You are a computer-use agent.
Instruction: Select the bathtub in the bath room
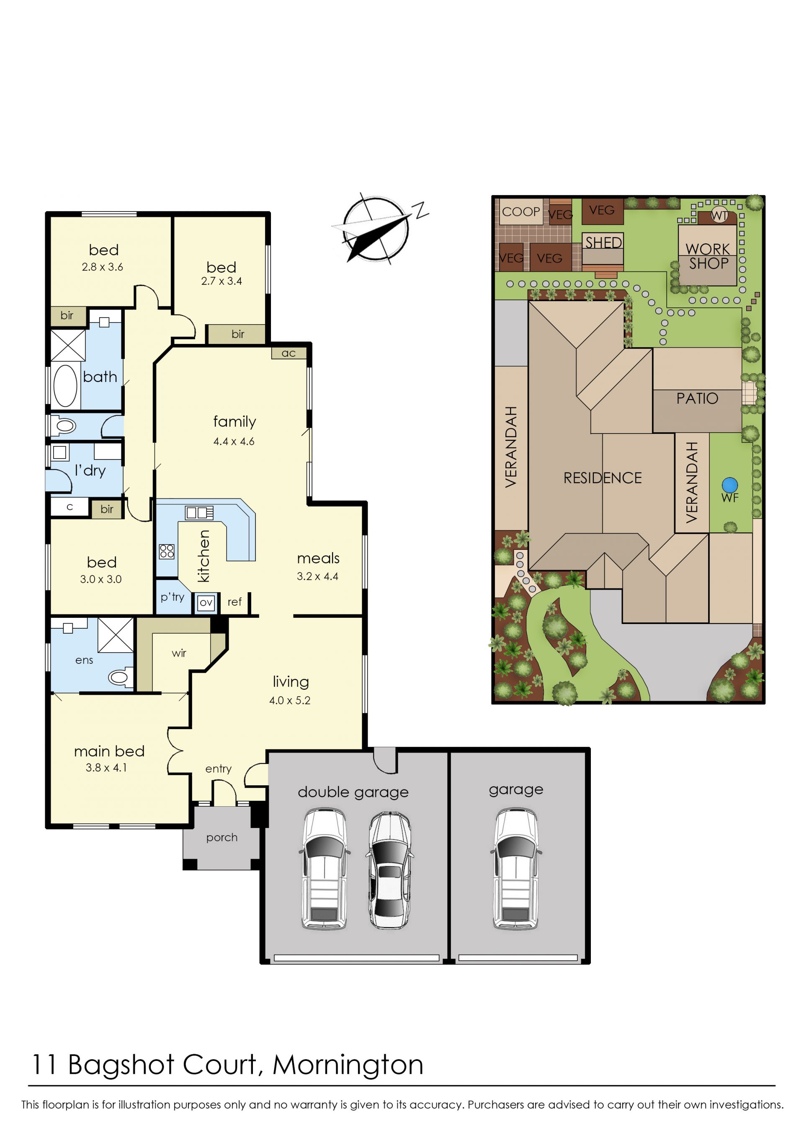coord(65,385)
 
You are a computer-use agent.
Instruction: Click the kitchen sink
coord(199,512)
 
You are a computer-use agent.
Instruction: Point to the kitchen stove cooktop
coord(167,551)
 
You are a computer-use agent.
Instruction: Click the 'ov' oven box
coord(206,603)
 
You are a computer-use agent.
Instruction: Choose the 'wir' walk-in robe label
coord(179,653)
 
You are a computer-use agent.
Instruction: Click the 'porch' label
coord(222,838)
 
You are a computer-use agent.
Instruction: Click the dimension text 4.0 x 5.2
coord(290,700)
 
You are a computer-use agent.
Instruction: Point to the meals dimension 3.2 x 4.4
coord(317,576)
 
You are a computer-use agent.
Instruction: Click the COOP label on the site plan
coord(521,212)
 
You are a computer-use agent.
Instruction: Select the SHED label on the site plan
coord(603,243)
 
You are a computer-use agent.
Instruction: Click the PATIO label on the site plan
coord(697,398)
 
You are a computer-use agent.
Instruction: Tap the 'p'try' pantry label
coord(172,597)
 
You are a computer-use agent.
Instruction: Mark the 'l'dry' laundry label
coord(90,470)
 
